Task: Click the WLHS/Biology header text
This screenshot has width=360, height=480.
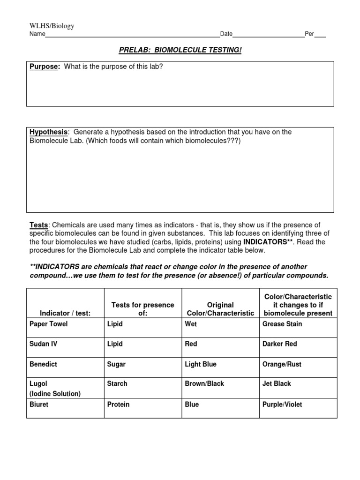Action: [x=52, y=26]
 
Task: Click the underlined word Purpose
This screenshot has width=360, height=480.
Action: [x=45, y=67]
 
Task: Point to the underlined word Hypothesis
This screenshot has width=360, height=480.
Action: [x=49, y=132]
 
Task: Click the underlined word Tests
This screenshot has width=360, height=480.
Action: [x=38, y=225]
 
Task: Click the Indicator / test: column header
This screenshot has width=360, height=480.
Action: [x=65, y=313]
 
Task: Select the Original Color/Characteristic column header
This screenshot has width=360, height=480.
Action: [x=220, y=309]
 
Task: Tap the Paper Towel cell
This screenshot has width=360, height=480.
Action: [x=48, y=324]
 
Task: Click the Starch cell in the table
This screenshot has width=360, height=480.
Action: [x=117, y=383]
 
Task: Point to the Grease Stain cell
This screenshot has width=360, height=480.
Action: [x=282, y=324]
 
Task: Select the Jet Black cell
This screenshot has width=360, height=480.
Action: [x=277, y=383]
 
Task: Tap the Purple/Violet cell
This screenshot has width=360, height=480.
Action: [x=282, y=404]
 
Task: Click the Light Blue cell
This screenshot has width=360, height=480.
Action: [x=201, y=364]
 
